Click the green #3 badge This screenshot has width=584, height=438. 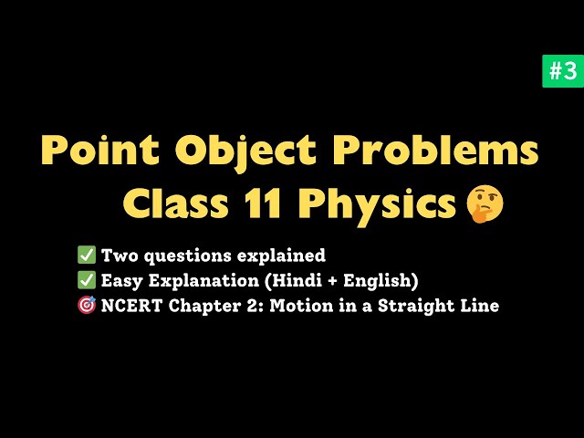pyautogui.click(x=563, y=71)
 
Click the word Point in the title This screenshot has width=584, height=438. pyautogui.click(x=100, y=150)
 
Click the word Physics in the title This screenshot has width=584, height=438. pyautogui.click(x=377, y=204)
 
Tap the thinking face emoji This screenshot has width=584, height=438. pyautogui.click(x=485, y=203)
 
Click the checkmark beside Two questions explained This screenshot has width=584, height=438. pyautogui.click(x=87, y=255)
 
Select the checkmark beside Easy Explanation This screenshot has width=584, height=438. pyautogui.click(x=87, y=280)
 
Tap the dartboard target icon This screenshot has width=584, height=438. pyautogui.click(x=87, y=305)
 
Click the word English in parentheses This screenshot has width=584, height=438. pyautogui.click(x=376, y=281)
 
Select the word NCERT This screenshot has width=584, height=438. pyautogui.click(x=131, y=306)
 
